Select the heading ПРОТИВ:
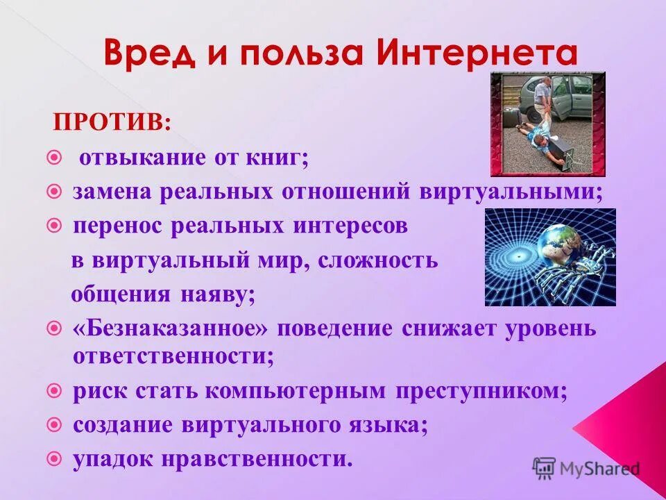click(113, 124)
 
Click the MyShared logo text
click(599, 468)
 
